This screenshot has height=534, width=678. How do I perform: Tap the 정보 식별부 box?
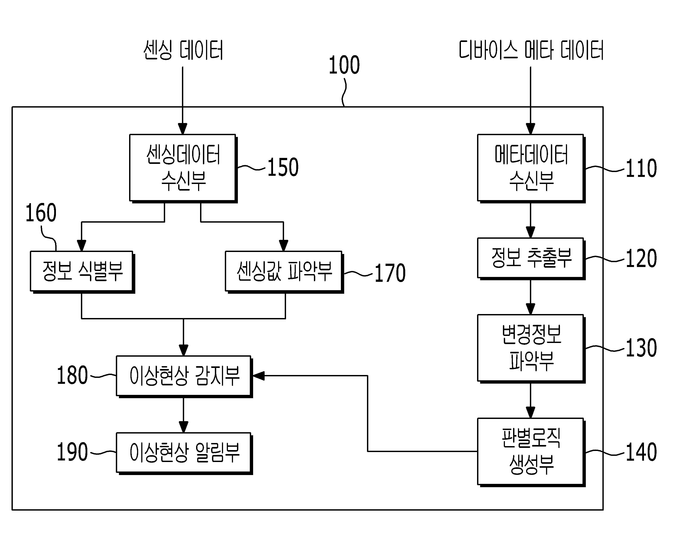[82, 272]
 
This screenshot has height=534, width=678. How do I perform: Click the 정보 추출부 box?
[531, 259]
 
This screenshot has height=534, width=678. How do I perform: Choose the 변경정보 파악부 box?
[531, 348]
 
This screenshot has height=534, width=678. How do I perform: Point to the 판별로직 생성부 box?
[531, 452]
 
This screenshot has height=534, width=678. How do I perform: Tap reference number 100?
[344, 65]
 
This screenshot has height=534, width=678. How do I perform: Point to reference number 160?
[41, 213]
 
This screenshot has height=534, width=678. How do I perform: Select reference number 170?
[390, 273]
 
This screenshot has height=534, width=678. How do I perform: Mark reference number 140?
[641, 452]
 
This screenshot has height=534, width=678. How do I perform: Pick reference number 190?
[72, 452]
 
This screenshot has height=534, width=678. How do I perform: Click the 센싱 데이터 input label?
[183, 50]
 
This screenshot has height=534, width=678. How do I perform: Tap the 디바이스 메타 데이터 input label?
[531, 50]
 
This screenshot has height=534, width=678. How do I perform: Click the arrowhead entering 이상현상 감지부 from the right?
[258, 376]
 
